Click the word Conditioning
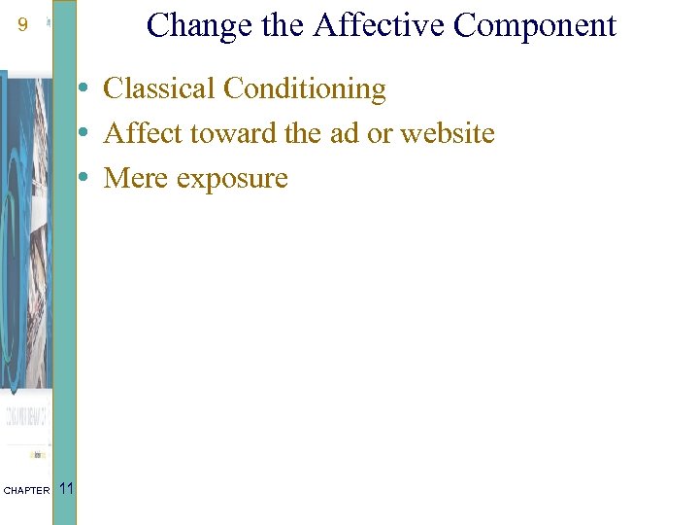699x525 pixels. coord(304,88)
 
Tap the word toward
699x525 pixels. coord(218,133)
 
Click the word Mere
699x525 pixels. coord(133,178)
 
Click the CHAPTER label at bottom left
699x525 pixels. coord(26,491)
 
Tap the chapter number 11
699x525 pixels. coord(66,488)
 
